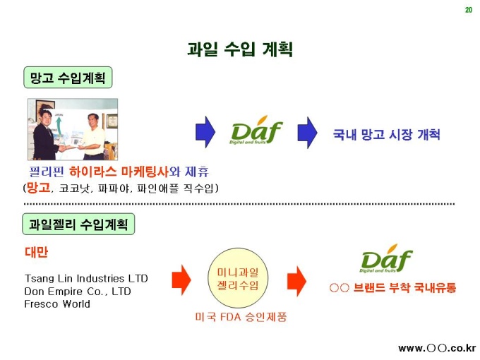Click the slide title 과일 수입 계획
[240, 49]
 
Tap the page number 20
[468, 9]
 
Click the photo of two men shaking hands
[72, 129]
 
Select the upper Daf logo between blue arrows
[256, 132]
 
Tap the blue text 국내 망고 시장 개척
[386, 134]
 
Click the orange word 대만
[37, 252]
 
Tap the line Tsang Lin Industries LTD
[86, 278]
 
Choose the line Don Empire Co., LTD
[78, 291]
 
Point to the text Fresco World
[57, 304]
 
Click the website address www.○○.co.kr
[437, 348]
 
